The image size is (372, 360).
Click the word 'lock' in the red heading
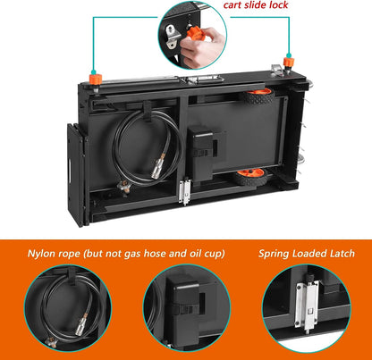277,4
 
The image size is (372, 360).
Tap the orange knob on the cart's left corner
96,79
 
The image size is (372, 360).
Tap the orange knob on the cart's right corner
289,63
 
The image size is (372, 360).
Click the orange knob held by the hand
194,32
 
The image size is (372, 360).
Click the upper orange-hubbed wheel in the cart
258,96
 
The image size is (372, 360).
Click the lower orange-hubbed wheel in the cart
249,177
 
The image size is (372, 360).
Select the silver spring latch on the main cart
185,190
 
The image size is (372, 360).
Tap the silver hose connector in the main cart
157,168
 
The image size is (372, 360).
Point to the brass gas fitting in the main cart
123,186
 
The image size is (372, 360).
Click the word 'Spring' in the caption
274,254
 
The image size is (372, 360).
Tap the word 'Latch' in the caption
342,254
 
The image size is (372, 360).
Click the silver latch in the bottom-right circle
307,306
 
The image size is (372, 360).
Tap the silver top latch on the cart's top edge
205,80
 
